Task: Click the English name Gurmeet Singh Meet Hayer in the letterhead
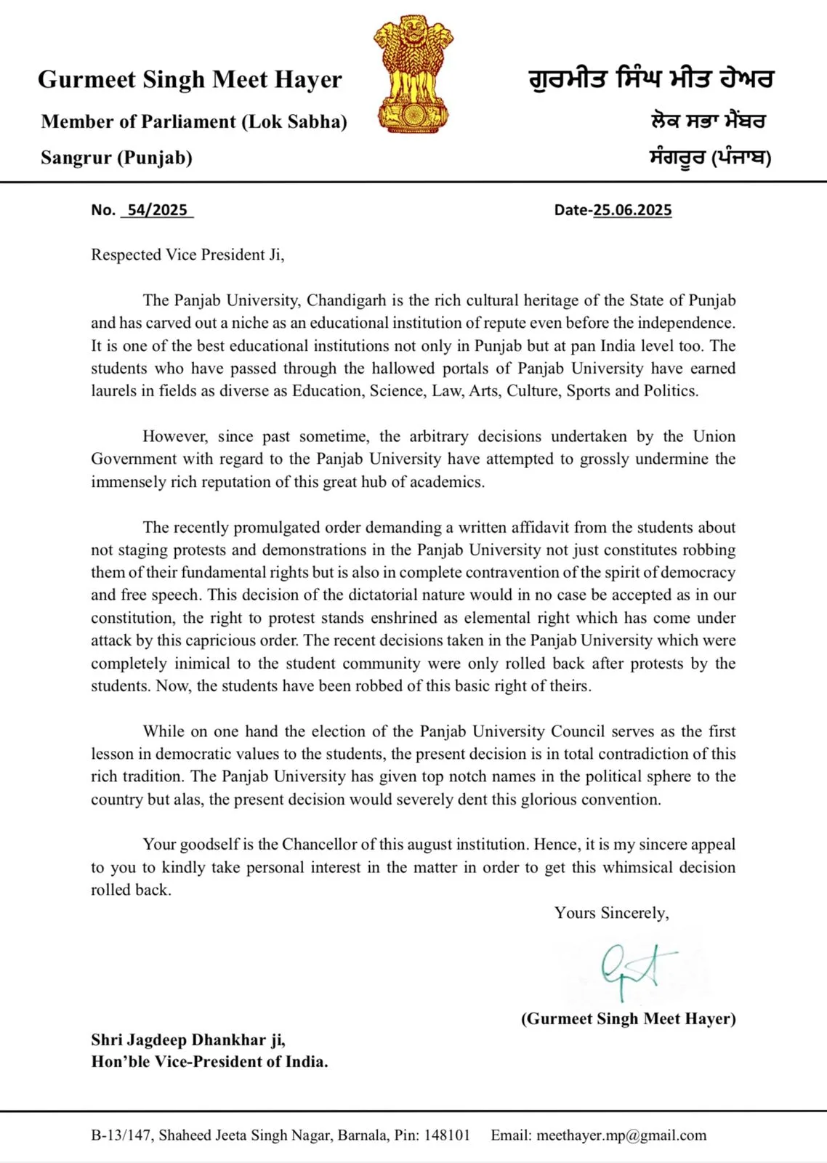point(190,80)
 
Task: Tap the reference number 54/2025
point(157,210)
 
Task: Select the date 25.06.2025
point(632,210)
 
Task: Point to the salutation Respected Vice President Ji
point(187,255)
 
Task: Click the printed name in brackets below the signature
point(628,1018)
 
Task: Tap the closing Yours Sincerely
point(611,913)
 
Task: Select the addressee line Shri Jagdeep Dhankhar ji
point(188,1040)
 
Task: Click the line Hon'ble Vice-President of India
point(209,1062)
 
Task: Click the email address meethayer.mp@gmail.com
point(621,1135)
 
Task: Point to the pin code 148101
point(447,1135)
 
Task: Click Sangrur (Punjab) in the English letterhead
point(116,158)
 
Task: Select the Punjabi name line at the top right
point(651,79)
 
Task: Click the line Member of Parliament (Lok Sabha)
point(194,121)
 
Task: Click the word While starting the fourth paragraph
point(164,731)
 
